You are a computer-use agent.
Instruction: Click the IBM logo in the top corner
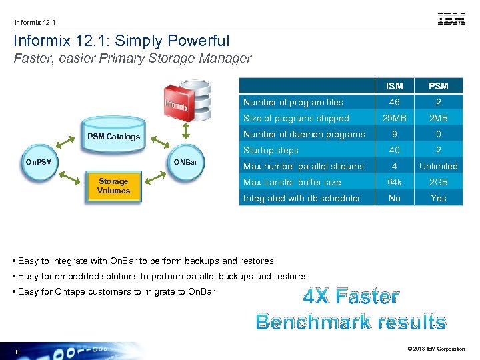tap(451, 19)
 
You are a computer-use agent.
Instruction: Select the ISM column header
tap(395, 86)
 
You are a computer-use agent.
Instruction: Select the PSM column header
tap(439, 86)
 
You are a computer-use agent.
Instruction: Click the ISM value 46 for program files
tap(395, 102)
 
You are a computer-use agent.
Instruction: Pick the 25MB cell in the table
tap(395, 118)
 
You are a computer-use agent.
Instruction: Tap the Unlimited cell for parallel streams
tap(439, 166)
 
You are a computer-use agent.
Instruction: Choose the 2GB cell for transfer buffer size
tap(439, 182)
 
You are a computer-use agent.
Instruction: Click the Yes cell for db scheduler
tap(439, 198)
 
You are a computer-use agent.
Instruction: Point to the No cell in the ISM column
tap(395, 198)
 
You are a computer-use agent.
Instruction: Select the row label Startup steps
tap(271, 150)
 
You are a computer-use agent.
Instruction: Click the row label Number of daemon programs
tap(304, 134)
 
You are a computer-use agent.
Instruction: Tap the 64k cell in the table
tap(395, 182)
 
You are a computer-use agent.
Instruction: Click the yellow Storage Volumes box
tap(113, 186)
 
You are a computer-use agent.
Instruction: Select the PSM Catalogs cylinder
tap(114, 136)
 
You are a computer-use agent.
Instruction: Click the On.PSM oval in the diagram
tap(39, 162)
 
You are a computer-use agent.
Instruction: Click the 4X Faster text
tap(351, 296)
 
